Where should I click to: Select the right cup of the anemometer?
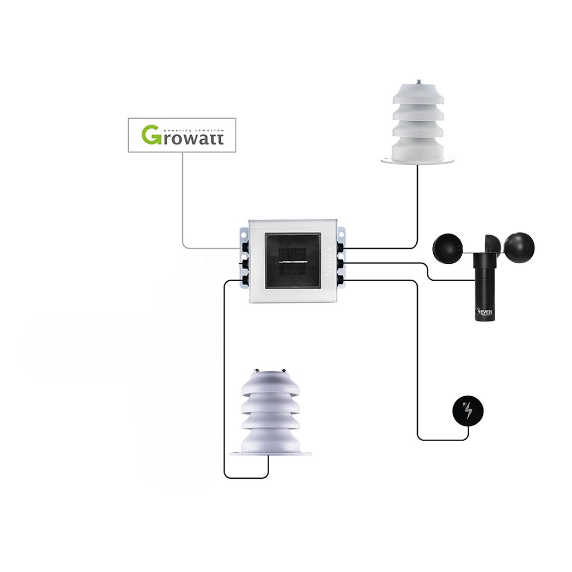519,247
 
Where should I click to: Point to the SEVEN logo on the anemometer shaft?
485,312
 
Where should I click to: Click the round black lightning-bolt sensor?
468,411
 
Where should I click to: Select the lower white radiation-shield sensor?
270,416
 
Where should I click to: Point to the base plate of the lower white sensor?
270,453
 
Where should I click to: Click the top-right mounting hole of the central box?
341,231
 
